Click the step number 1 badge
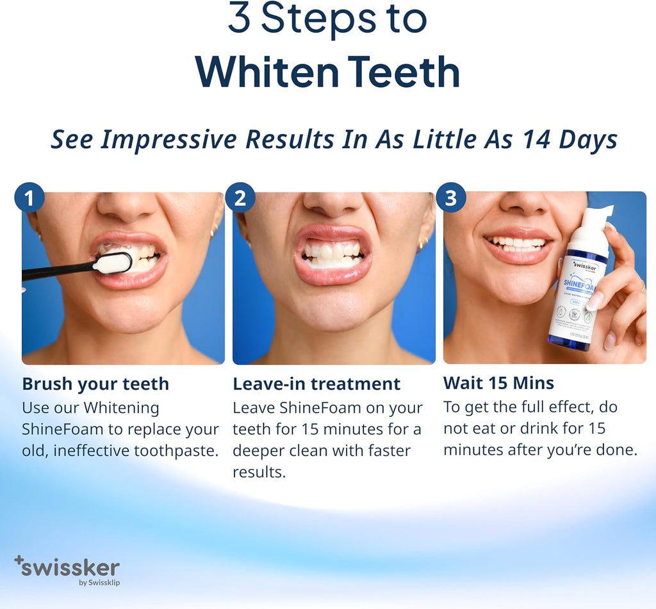(29, 198)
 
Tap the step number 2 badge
(240, 198)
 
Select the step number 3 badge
(451, 198)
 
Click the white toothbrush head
(113, 263)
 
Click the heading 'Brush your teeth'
(95, 384)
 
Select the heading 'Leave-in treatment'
(316, 384)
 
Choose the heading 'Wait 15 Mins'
(498, 383)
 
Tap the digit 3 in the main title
(239, 20)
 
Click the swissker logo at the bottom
(67, 567)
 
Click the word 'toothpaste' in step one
(176, 451)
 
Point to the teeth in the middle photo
(333, 253)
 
